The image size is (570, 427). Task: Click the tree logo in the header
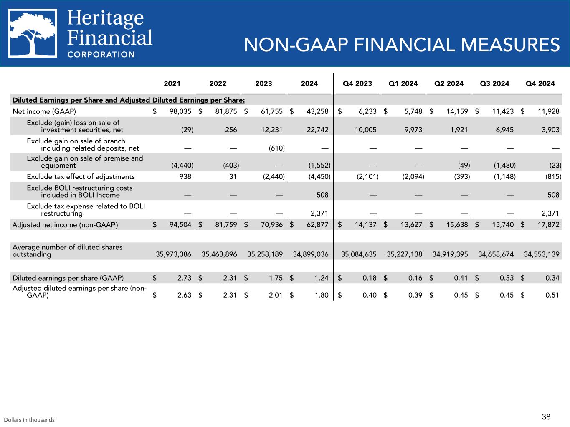coord(33,33)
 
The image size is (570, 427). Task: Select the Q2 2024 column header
coord(449,83)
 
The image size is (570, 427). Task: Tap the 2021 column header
coord(172,83)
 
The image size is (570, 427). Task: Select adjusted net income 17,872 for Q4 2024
coord(547,225)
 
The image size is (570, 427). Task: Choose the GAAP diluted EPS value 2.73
coord(184,278)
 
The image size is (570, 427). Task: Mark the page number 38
coord(546,417)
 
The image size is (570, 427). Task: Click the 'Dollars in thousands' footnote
coord(29,420)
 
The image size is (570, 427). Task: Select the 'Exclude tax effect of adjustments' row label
coord(81,176)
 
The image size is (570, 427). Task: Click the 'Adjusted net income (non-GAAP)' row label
coord(65,225)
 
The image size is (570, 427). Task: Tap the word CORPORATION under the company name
coord(101,54)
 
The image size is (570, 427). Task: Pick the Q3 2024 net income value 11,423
coord(502,111)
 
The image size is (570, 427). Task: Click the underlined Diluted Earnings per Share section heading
coord(129,100)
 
